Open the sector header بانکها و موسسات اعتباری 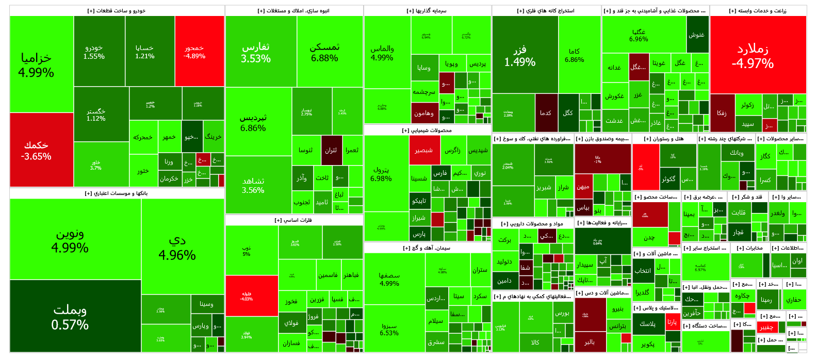tap(117, 193)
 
